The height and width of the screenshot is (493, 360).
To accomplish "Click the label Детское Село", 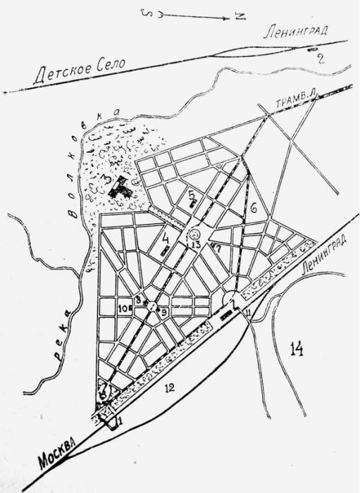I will (78, 70).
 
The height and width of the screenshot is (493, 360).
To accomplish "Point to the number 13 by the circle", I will (197, 244).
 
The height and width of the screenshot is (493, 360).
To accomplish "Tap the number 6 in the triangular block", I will (252, 206).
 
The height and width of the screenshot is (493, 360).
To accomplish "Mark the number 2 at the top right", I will (320, 58).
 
